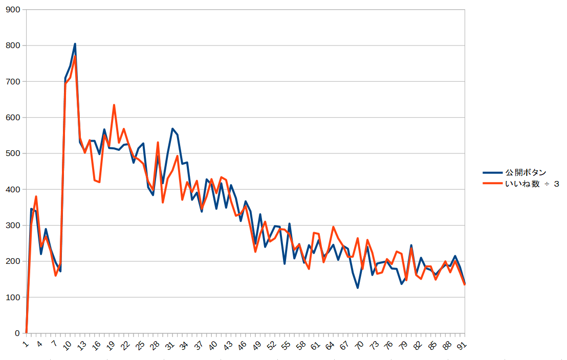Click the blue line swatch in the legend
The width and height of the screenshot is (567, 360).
pos(492,172)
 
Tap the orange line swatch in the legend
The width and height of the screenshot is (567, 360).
pos(492,184)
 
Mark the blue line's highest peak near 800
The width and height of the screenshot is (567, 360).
pos(75,44)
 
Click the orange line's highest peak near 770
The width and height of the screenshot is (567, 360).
pos(75,56)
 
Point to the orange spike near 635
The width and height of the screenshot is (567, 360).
pos(114,105)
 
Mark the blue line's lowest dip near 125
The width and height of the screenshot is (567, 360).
pos(358,288)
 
